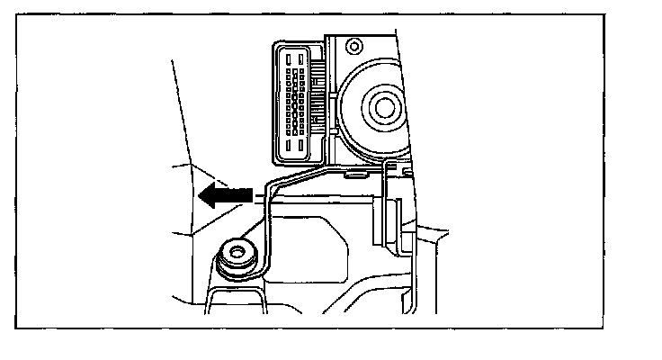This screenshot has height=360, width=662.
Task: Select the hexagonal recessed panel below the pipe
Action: pyautogui.click(x=310, y=247)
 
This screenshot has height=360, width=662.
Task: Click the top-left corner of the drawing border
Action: pyautogui.click(x=17, y=15)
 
